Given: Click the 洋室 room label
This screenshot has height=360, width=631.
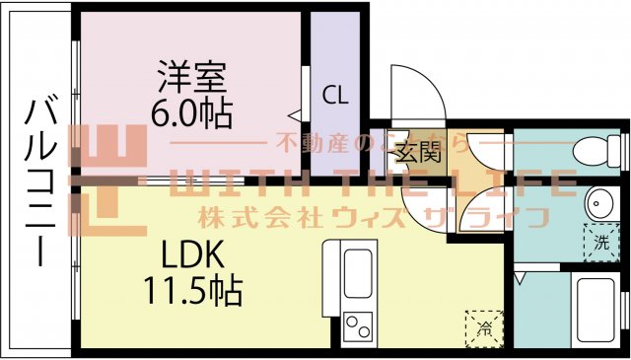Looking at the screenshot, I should (191, 78).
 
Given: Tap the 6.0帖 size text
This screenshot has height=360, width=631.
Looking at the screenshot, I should (191, 112).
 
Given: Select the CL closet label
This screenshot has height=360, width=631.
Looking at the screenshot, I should (335, 96).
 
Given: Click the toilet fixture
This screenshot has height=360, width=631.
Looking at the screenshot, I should (594, 151).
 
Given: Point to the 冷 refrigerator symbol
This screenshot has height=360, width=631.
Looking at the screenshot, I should (484, 326).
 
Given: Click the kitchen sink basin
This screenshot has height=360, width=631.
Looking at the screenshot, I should (356, 269).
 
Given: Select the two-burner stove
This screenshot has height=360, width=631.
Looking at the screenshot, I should (357, 324).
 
